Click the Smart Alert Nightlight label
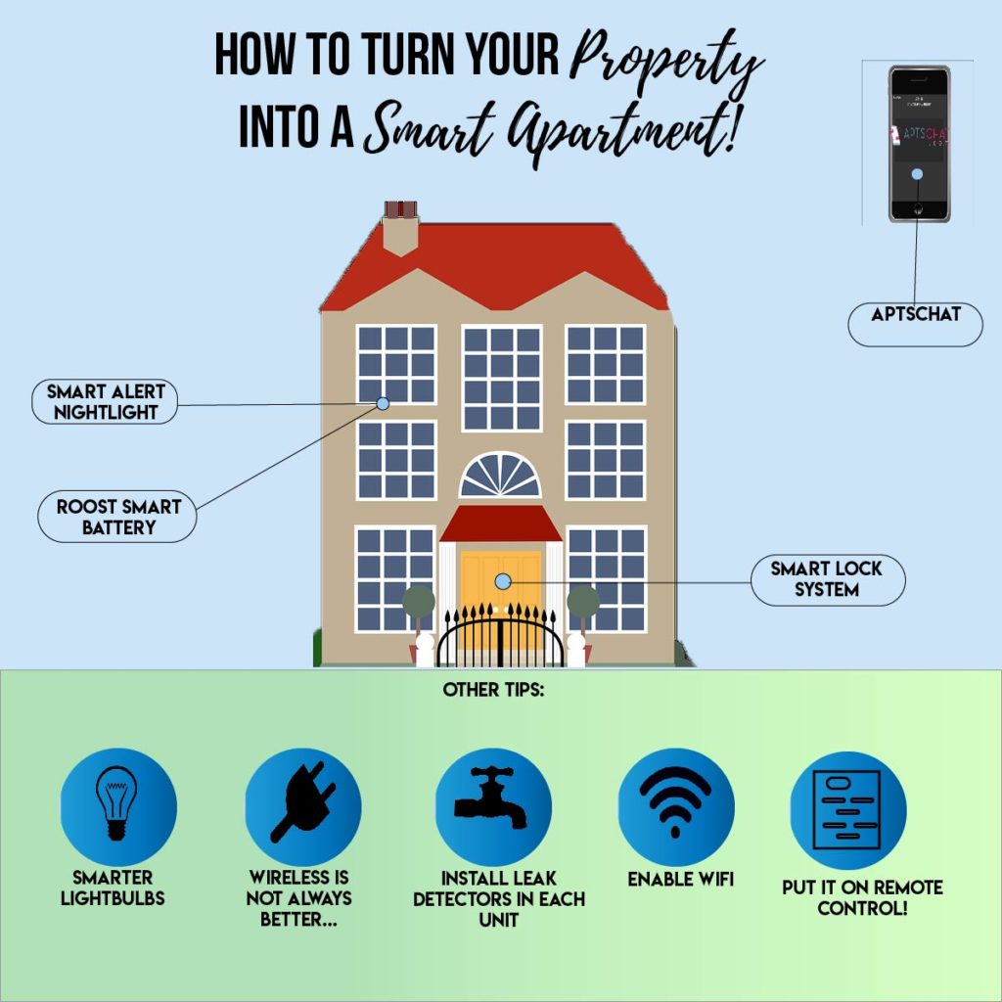106,401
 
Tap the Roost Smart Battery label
118,517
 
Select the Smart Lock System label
827,579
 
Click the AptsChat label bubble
915,314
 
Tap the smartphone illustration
919,144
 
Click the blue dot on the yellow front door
503,581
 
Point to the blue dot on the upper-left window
383,403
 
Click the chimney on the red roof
400,228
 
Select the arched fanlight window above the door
500,477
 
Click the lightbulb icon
117,804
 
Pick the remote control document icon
847,810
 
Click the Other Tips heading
493,690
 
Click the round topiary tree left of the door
419,601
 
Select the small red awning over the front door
500,524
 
